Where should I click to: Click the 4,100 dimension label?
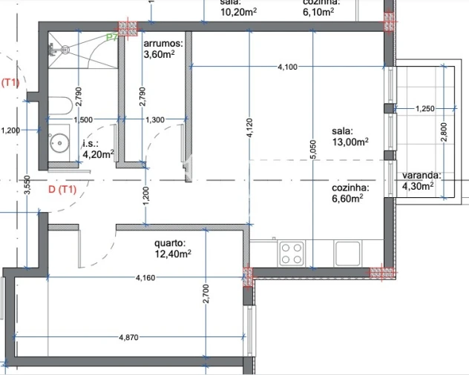point(287,67)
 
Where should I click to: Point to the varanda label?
point(422,176)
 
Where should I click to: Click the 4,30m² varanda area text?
point(417,186)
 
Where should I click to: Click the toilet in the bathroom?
point(59,103)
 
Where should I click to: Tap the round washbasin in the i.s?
point(59,142)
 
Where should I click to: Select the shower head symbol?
point(64,50)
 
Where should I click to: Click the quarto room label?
point(169,242)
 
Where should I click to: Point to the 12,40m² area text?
point(173,253)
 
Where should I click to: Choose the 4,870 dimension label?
point(130,336)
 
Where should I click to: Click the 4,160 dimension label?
point(145,277)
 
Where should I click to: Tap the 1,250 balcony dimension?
point(424,109)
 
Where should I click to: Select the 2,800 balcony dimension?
point(443,130)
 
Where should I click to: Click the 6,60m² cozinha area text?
point(347,199)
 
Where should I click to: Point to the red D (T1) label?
point(62,190)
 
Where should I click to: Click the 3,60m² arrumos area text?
point(159,55)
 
